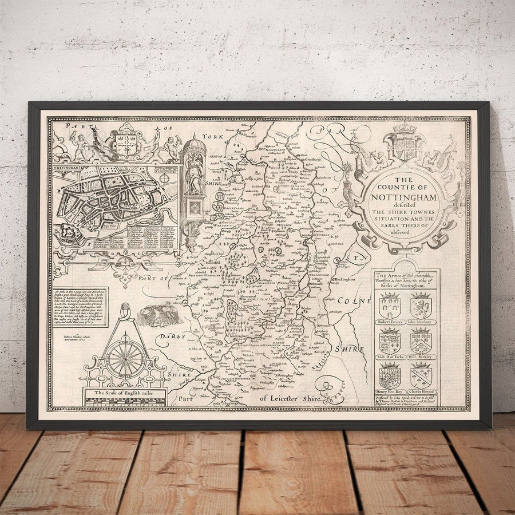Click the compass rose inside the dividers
pos(125,358)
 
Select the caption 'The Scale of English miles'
pos(124,393)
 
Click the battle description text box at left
pos(81,306)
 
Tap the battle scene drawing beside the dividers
pos(156,313)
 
